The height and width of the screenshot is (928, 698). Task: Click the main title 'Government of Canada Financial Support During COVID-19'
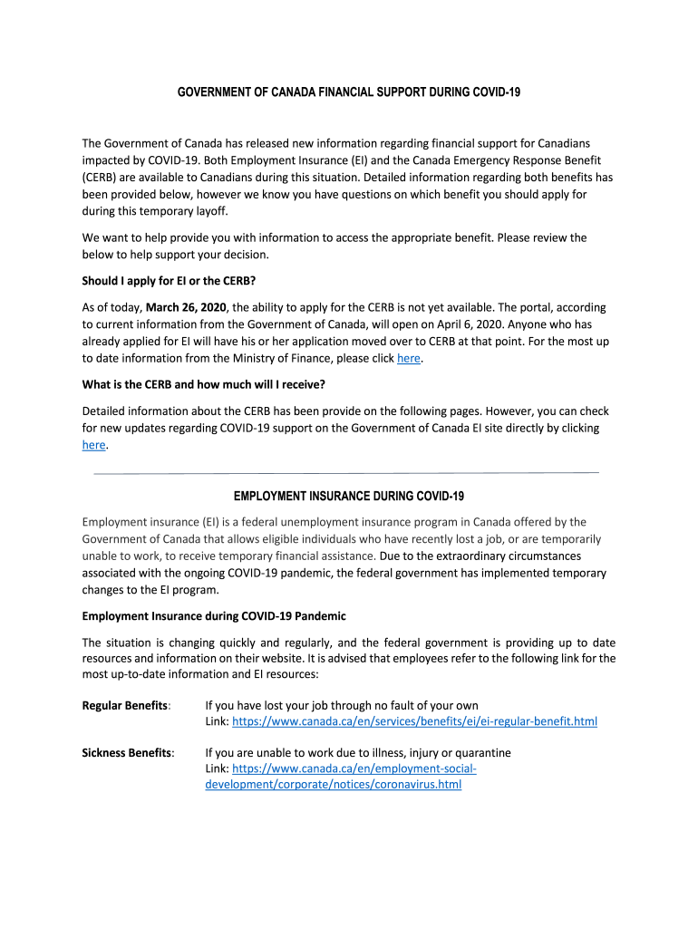point(348,92)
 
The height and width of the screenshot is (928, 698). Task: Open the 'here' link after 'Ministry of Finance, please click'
point(409,358)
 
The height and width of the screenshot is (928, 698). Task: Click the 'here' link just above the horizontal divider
point(93,444)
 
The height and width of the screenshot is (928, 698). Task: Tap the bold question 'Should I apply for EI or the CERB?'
point(175,282)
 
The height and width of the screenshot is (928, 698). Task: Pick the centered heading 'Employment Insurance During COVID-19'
point(348,496)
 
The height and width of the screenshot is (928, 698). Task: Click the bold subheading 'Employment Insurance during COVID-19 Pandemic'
point(214,616)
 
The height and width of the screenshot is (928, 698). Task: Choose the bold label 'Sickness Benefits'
point(127,752)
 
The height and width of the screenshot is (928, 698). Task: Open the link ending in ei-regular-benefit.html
point(414,721)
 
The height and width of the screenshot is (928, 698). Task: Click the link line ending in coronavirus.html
point(334,784)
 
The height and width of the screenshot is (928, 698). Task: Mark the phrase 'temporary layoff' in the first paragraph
point(186,211)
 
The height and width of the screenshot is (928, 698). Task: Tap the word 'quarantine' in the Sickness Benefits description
point(481,752)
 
